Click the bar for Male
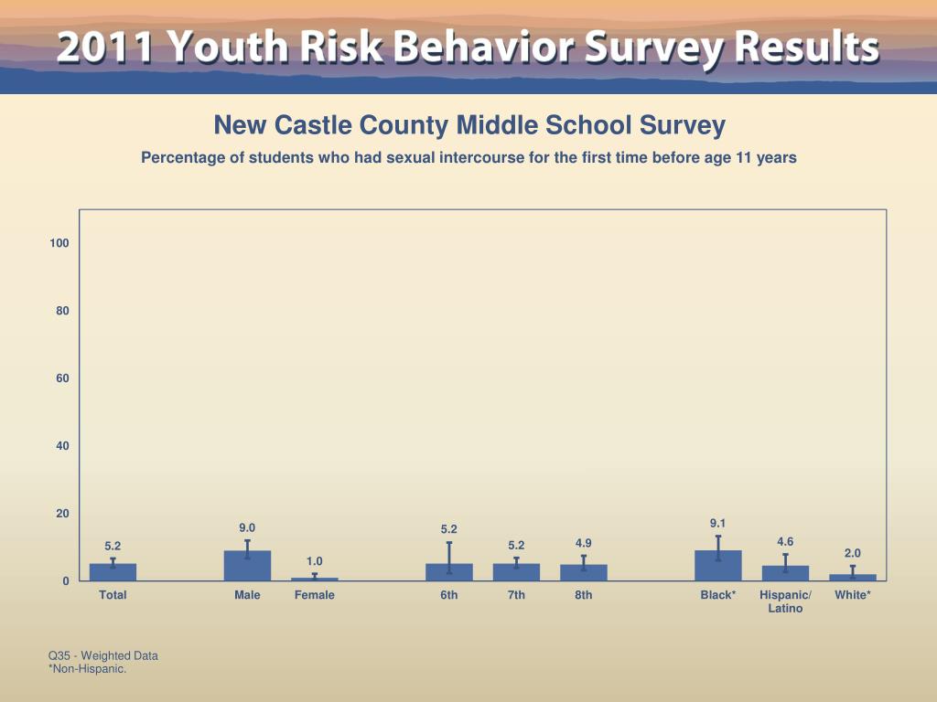[x=247, y=566]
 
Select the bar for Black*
[x=718, y=566]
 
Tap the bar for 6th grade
[x=448, y=572]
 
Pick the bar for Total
[x=113, y=572]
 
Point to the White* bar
[x=853, y=577]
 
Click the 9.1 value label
[x=718, y=523]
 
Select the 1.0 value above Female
[x=315, y=560]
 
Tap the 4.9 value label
[x=584, y=543]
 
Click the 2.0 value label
[x=853, y=553]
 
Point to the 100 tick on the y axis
[x=59, y=243]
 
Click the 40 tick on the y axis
[x=62, y=446]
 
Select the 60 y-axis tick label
[x=62, y=378]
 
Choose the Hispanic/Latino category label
[x=785, y=601]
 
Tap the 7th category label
[x=516, y=595]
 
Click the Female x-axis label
[x=315, y=595]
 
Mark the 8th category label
[x=584, y=595]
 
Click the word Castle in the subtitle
[x=310, y=125]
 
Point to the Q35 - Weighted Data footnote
[x=103, y=655]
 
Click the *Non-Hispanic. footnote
[x=87, y=669]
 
